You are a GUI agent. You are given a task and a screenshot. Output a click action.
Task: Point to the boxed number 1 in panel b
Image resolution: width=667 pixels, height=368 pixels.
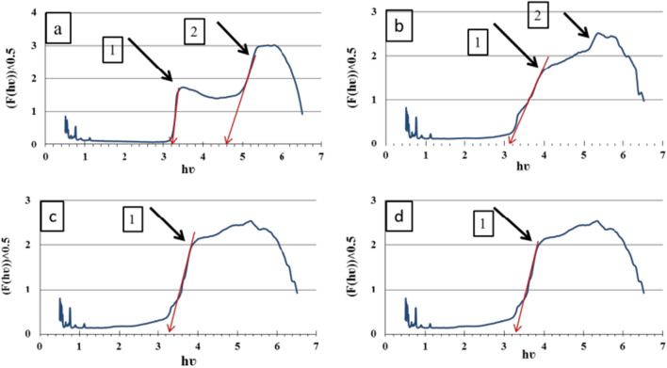tap(478, 42)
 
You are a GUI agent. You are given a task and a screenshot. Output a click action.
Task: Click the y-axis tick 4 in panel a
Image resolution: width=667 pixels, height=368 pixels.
tap(35, 14)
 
